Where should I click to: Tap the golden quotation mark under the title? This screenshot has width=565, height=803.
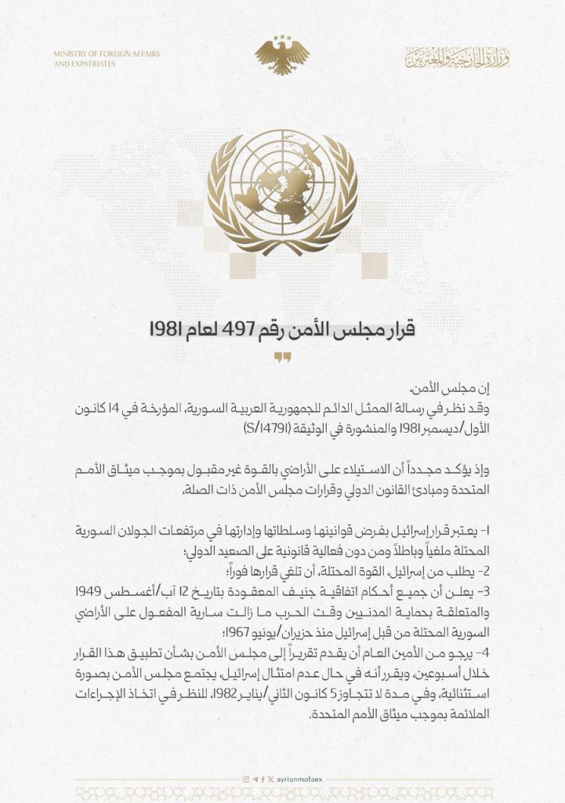[x=282, y=358]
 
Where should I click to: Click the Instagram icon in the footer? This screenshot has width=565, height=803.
[x=245, y=779]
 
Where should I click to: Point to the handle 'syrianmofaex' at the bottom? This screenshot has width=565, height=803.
[x=299, y=779]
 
